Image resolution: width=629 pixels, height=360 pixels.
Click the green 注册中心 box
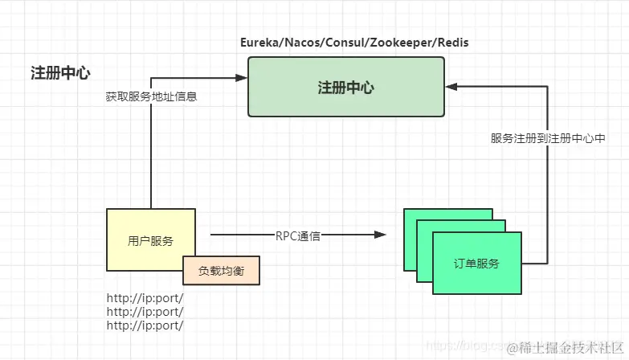point(345,88)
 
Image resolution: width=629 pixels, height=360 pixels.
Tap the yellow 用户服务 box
point(150,239)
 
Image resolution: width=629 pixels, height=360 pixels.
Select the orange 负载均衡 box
point(221,271)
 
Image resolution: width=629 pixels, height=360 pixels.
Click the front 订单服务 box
point(476,263)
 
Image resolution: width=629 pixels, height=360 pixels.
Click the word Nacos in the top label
point(304,43)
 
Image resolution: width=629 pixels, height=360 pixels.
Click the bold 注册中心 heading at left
point(60,73)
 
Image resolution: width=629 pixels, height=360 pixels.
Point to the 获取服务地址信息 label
point(151,96)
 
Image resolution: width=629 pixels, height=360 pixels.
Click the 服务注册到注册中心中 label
point(548,138)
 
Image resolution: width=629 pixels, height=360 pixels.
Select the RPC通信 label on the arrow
point(297,235)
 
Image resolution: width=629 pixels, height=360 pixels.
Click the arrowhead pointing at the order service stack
point(381,235)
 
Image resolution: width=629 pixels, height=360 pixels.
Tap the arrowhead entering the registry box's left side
point(242,77)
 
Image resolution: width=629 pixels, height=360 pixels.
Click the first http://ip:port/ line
point(145,298)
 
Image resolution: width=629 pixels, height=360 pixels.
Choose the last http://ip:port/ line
point(145,325)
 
